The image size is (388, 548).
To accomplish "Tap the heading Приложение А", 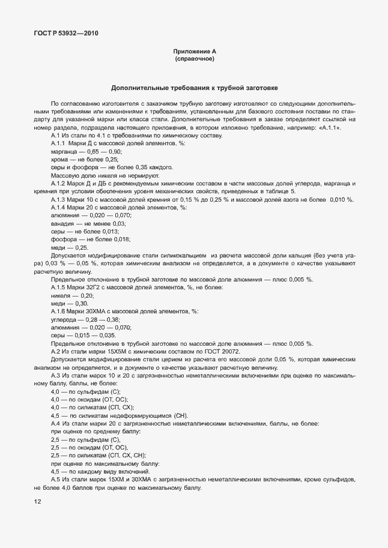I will [x=195, y=53].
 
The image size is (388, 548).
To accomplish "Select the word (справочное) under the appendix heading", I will [x=195, y=60].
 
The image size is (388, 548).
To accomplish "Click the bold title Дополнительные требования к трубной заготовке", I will [x=194, y=88].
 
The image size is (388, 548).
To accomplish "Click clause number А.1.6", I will [x=58, y=312].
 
